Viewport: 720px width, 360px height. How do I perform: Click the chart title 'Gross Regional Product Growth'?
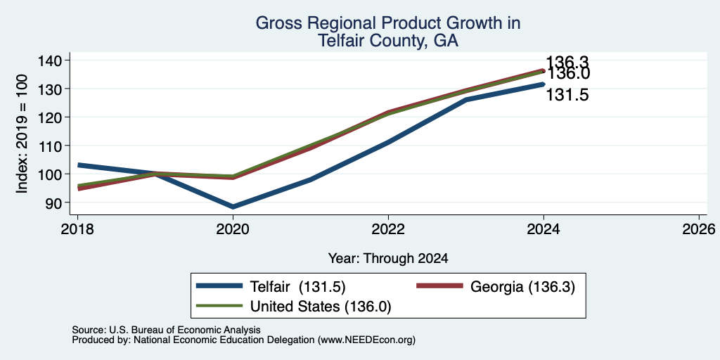(x=388, y=23)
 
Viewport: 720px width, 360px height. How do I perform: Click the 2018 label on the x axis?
(x=77, y=229)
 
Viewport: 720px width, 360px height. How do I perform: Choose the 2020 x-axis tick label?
(x=233, y=229)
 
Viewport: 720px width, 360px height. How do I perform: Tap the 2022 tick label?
(x=388, y=229)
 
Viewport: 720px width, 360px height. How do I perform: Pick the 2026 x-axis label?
(x=699, y=229)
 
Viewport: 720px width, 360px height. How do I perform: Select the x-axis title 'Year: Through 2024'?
(x=388, y=259)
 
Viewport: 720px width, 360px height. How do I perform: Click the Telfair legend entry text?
(x=297, y=287)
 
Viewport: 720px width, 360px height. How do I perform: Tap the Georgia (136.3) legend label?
(x=522, y=287)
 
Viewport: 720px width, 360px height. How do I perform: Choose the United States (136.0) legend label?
(x=321, y=307)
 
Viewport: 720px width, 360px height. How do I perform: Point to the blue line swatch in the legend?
(x=219, y=286)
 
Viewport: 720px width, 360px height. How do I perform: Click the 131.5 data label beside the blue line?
(x=567, y=96)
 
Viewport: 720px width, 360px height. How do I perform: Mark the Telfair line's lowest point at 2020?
(x=233, y=207)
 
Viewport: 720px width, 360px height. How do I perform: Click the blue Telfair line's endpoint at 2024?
(x=544, y=84)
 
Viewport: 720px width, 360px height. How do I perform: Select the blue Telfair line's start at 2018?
(x=78, y=165)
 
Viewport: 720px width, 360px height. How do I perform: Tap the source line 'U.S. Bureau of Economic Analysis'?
(x=185, y=330)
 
